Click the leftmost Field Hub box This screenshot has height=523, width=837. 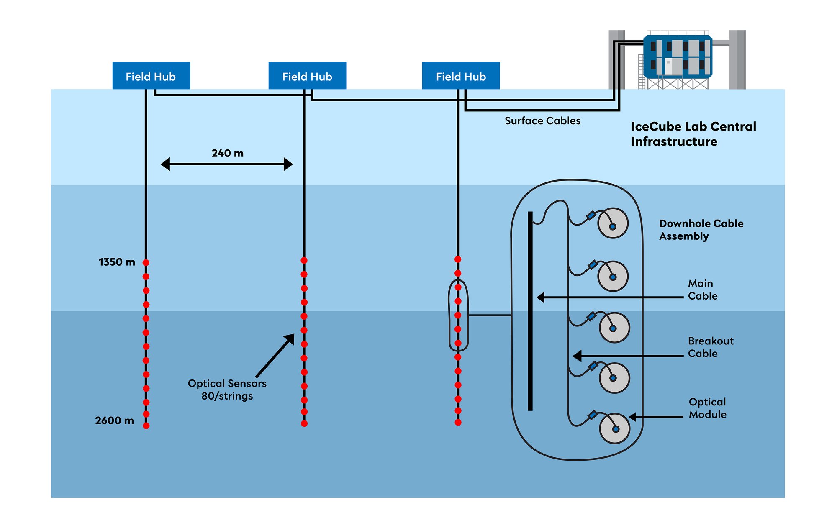[x=151, y=76]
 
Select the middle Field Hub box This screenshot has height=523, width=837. [x=307, y=76]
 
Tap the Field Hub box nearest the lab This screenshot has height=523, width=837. [x=461, y=76]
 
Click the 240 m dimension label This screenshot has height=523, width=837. [x=227, y=153]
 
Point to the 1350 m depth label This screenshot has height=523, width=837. [x=117, y=262]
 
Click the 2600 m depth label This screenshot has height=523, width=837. [x=114, y=420]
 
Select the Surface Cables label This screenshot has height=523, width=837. [x=542, y=121]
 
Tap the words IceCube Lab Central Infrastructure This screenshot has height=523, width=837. [x=693, y=134]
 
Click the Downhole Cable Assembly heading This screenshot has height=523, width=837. [x=701, y=230]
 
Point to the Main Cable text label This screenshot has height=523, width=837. [x=702, y=290]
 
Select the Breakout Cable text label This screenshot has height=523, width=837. [x=710, y=347]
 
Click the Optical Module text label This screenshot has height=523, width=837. [x=707, y=408]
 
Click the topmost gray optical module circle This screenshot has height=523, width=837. [x=613, y=223]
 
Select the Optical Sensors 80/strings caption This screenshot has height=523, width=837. [x=227, y=390]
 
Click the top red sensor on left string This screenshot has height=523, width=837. [x=146, y=263]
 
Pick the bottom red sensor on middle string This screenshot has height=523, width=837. [x=304, y=423]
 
